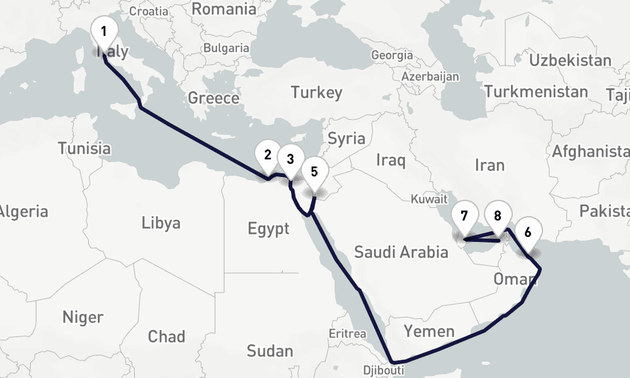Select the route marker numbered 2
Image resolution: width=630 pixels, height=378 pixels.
267,155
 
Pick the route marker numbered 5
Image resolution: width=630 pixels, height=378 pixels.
314,170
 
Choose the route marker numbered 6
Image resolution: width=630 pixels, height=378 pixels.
527,232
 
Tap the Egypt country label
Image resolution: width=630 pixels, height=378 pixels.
268,228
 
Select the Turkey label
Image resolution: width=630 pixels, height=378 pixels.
316,93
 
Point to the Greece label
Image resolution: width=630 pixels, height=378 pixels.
214,98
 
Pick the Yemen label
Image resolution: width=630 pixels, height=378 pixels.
429,331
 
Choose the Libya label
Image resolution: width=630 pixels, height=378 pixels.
161,222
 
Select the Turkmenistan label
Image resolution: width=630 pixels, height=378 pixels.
535,92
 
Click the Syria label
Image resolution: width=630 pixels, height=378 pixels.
346,139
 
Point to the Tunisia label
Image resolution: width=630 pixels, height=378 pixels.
84,149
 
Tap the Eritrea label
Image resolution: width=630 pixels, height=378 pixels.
348,333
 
